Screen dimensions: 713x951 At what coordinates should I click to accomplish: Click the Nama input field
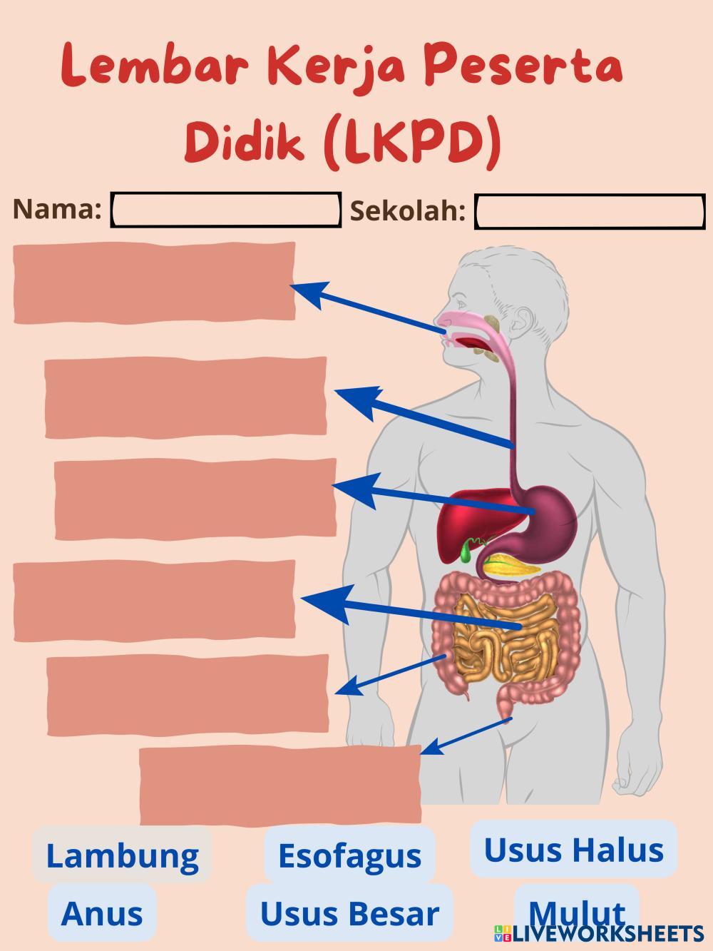226,210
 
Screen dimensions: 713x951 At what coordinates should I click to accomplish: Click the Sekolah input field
590,212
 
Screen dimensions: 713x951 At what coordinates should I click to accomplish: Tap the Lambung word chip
122,855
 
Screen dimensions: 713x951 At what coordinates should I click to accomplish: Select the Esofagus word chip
349,855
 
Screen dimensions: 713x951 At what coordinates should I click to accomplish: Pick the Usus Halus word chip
573,850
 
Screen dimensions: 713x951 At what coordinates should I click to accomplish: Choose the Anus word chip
102,913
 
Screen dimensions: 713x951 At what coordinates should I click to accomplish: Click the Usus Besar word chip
349,913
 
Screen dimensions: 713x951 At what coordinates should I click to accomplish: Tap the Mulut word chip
576,910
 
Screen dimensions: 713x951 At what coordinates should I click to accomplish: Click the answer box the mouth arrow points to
154,282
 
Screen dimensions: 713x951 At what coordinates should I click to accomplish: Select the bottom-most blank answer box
279,785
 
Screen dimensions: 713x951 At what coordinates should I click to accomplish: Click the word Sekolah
408,211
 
